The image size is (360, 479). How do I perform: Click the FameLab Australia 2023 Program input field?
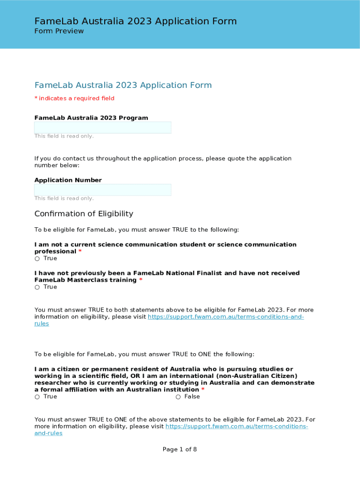(102, 127)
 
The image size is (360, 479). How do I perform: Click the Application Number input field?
(102, 189)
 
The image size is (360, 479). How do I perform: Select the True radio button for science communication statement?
(37, 259)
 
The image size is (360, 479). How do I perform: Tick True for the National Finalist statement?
(37, 287)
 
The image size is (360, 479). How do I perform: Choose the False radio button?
(179, 397)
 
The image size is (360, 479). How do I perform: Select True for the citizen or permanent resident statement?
(37, 397)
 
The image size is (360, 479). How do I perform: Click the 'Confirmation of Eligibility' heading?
(84, 214)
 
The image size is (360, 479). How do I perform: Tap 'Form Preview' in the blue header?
(59, 31)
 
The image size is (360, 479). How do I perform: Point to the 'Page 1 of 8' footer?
(180, 450)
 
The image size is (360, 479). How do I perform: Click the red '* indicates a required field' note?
(74, 98)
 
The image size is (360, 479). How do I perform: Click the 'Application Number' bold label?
(68, 180)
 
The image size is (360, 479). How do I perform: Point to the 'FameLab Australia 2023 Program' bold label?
(91, 118)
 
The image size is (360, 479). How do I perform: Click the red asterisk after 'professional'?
(80, 252)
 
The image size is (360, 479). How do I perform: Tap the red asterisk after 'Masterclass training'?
(141, 280)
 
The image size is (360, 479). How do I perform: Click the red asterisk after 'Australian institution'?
(203, 390)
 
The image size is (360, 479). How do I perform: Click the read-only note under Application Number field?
(64, 198)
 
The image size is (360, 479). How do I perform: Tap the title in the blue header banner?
(136, 21)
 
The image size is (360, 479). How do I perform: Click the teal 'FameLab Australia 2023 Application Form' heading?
(123, 85)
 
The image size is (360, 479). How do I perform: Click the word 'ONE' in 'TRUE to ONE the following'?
(205, 354)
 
